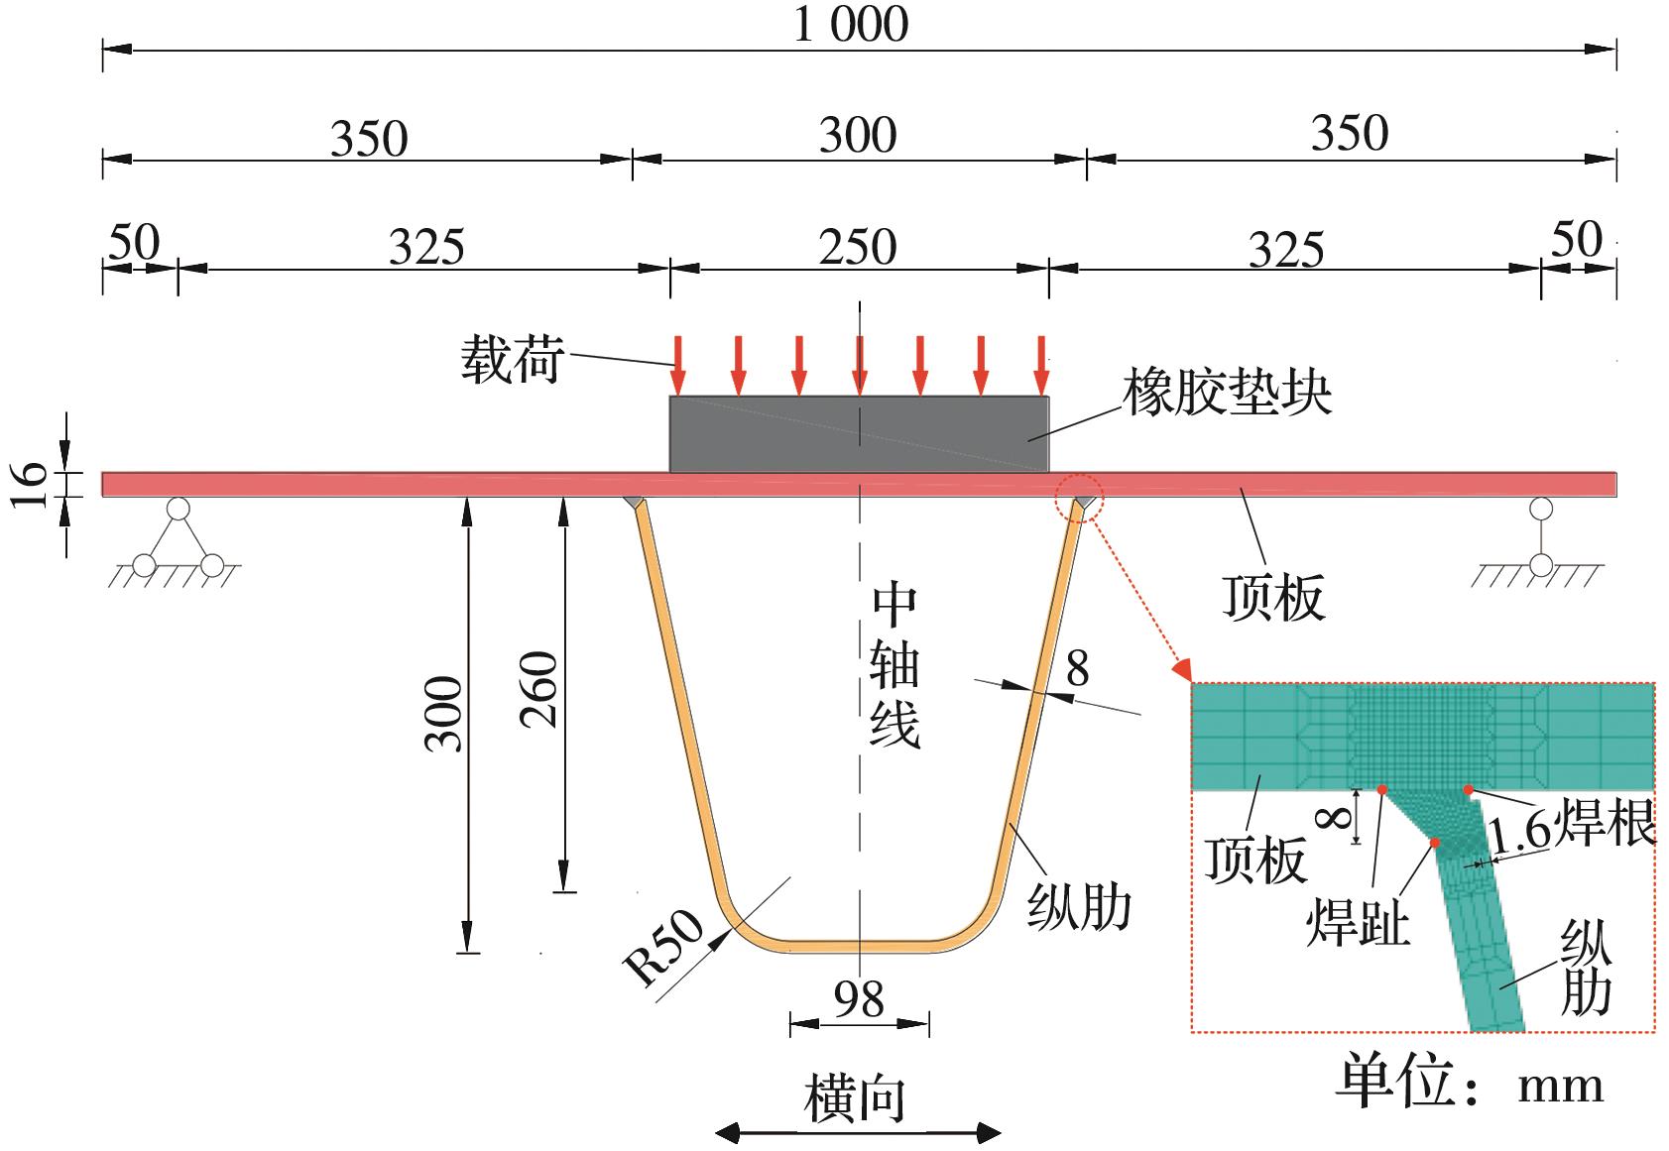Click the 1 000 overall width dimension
tap(851, 24)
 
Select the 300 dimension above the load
tap(858, 135)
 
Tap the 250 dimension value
tap(858, 246)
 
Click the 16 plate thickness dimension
tap(30, 485)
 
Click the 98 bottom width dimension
tap(859, 999)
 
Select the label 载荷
tap(513, 359)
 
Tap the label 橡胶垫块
tap(1227, 392)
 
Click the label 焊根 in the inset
tap(1604, 822)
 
